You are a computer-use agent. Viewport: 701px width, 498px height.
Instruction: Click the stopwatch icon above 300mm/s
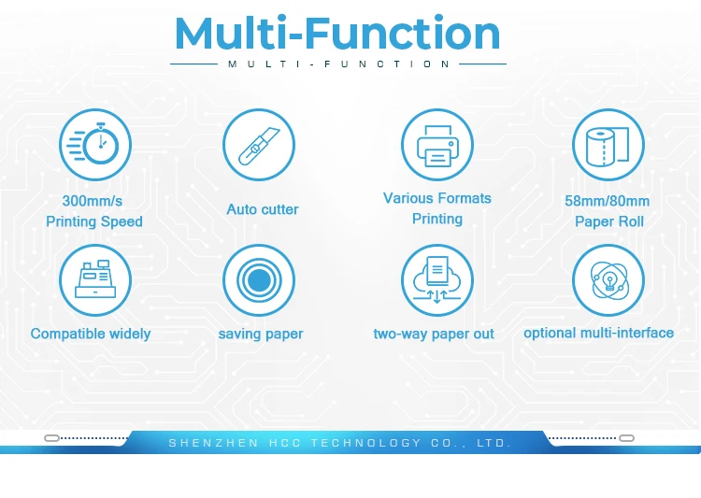pyautogui.click(x=95, y=145)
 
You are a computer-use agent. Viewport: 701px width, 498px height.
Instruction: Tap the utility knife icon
pyautogui.click(x=259, y=145)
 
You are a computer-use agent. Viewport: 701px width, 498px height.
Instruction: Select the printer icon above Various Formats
pyautogui.click(x=437, y=145)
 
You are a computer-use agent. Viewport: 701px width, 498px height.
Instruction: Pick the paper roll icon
pyautogui.click(x=608, y=145)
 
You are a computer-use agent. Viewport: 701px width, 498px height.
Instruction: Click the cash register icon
pyautogui.click(x=95, y=280)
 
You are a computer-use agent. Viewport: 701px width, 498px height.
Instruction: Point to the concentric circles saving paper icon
pyautogui.click(x=259, y=280)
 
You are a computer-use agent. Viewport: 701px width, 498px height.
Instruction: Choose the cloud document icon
pyautogui.click(x=437, y=280)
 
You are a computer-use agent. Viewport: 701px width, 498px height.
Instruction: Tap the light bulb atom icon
pyautogui.click(x=608, y=280)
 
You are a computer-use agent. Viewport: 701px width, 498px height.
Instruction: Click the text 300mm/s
pyautogui.click(x=93, y=201)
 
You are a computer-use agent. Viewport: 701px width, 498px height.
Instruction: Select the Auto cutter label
pyautogui.click(x=263, y=209)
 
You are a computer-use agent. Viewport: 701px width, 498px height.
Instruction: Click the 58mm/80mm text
pyautogui.click(x=608, y=201)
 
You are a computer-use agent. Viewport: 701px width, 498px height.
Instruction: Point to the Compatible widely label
pyautogui.click(x=91, y=334)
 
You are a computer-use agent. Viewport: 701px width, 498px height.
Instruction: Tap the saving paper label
pyautogui.click(x=261, y=334)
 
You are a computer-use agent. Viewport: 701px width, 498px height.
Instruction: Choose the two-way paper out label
pyautogui.click(x=434, y=334)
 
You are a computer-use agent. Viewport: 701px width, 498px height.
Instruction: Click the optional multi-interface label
pyautogui.click(x=598, y=333)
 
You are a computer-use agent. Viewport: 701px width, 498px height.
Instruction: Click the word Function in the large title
pyautogui.click(x=402, y=33)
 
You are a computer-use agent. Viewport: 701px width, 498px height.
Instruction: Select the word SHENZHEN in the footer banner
pyautogui.click(x=214, y=443)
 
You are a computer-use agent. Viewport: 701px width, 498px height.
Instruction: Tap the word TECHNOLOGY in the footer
pyautogui.click(x=366, y=443)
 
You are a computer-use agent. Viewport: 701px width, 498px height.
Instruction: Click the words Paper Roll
pyautogui.click(x=609, y=221)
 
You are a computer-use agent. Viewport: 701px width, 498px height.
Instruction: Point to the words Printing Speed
pyautogui.click(x=94, y=221)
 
